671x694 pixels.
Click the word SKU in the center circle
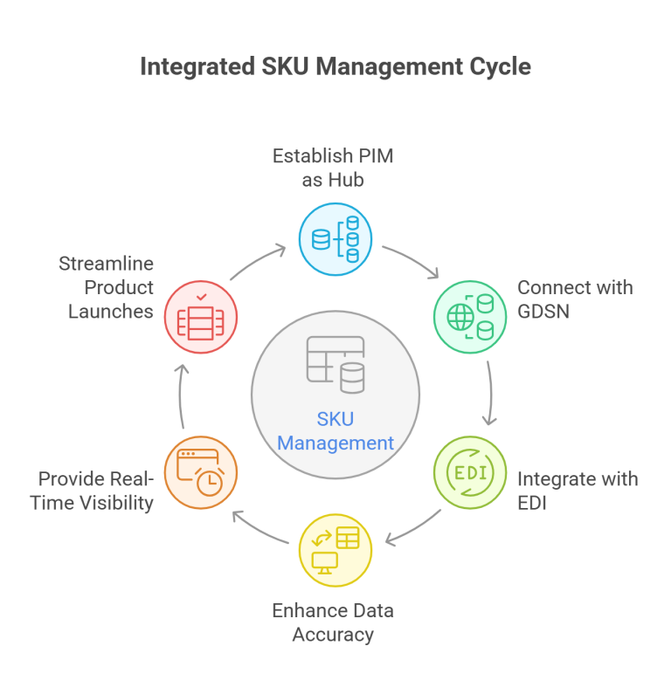tap(335, 418)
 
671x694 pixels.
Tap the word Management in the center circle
tap(335, 443)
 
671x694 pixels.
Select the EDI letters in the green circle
tap(469, 474)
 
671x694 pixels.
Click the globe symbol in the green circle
tap(460, 317)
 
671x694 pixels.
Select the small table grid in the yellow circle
tap(348, 538)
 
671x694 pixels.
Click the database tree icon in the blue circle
tap(336, 238)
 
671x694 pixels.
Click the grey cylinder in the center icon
tap(353, 379)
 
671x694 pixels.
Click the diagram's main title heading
tap(335, 70)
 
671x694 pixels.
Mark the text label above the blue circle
tap(335, 170)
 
